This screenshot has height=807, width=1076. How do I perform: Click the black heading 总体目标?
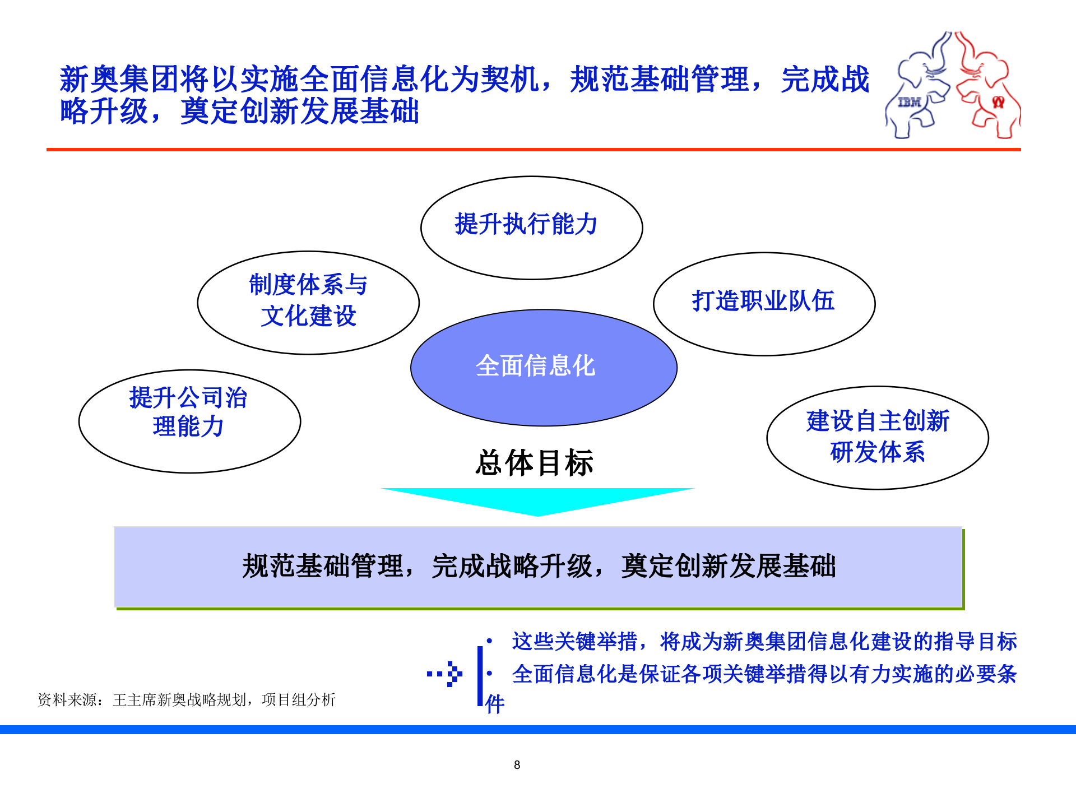tap(534, 463)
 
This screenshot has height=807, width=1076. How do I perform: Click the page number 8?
tap(517, 765)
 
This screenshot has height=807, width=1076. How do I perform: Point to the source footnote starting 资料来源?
tap(186, 699)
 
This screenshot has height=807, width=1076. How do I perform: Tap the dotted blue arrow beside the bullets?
tap(445, 674)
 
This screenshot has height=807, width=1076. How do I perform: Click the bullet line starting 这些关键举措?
tap(764, 642)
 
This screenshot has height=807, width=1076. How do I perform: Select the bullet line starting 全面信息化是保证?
tap(764, 674)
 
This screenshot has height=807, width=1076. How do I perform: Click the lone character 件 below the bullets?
tap(495, 704)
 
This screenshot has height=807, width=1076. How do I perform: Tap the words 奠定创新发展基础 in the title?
tap(299, 111)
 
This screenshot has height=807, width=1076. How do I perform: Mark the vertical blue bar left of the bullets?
tap(480, 675)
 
